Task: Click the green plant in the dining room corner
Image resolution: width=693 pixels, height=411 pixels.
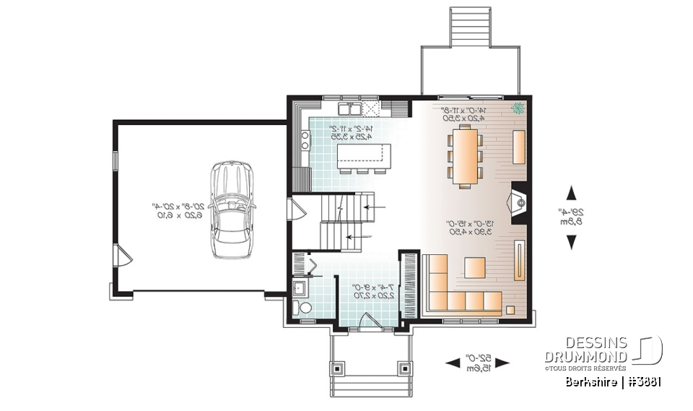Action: pos(518,110)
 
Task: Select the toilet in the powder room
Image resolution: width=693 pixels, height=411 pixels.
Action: pos(304,309)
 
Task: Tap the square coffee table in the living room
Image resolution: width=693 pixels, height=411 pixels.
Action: pos(475,268)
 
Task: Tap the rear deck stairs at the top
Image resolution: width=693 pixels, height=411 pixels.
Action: pos(469,27)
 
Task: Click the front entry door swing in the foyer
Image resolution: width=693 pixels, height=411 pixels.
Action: pos(370,321)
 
